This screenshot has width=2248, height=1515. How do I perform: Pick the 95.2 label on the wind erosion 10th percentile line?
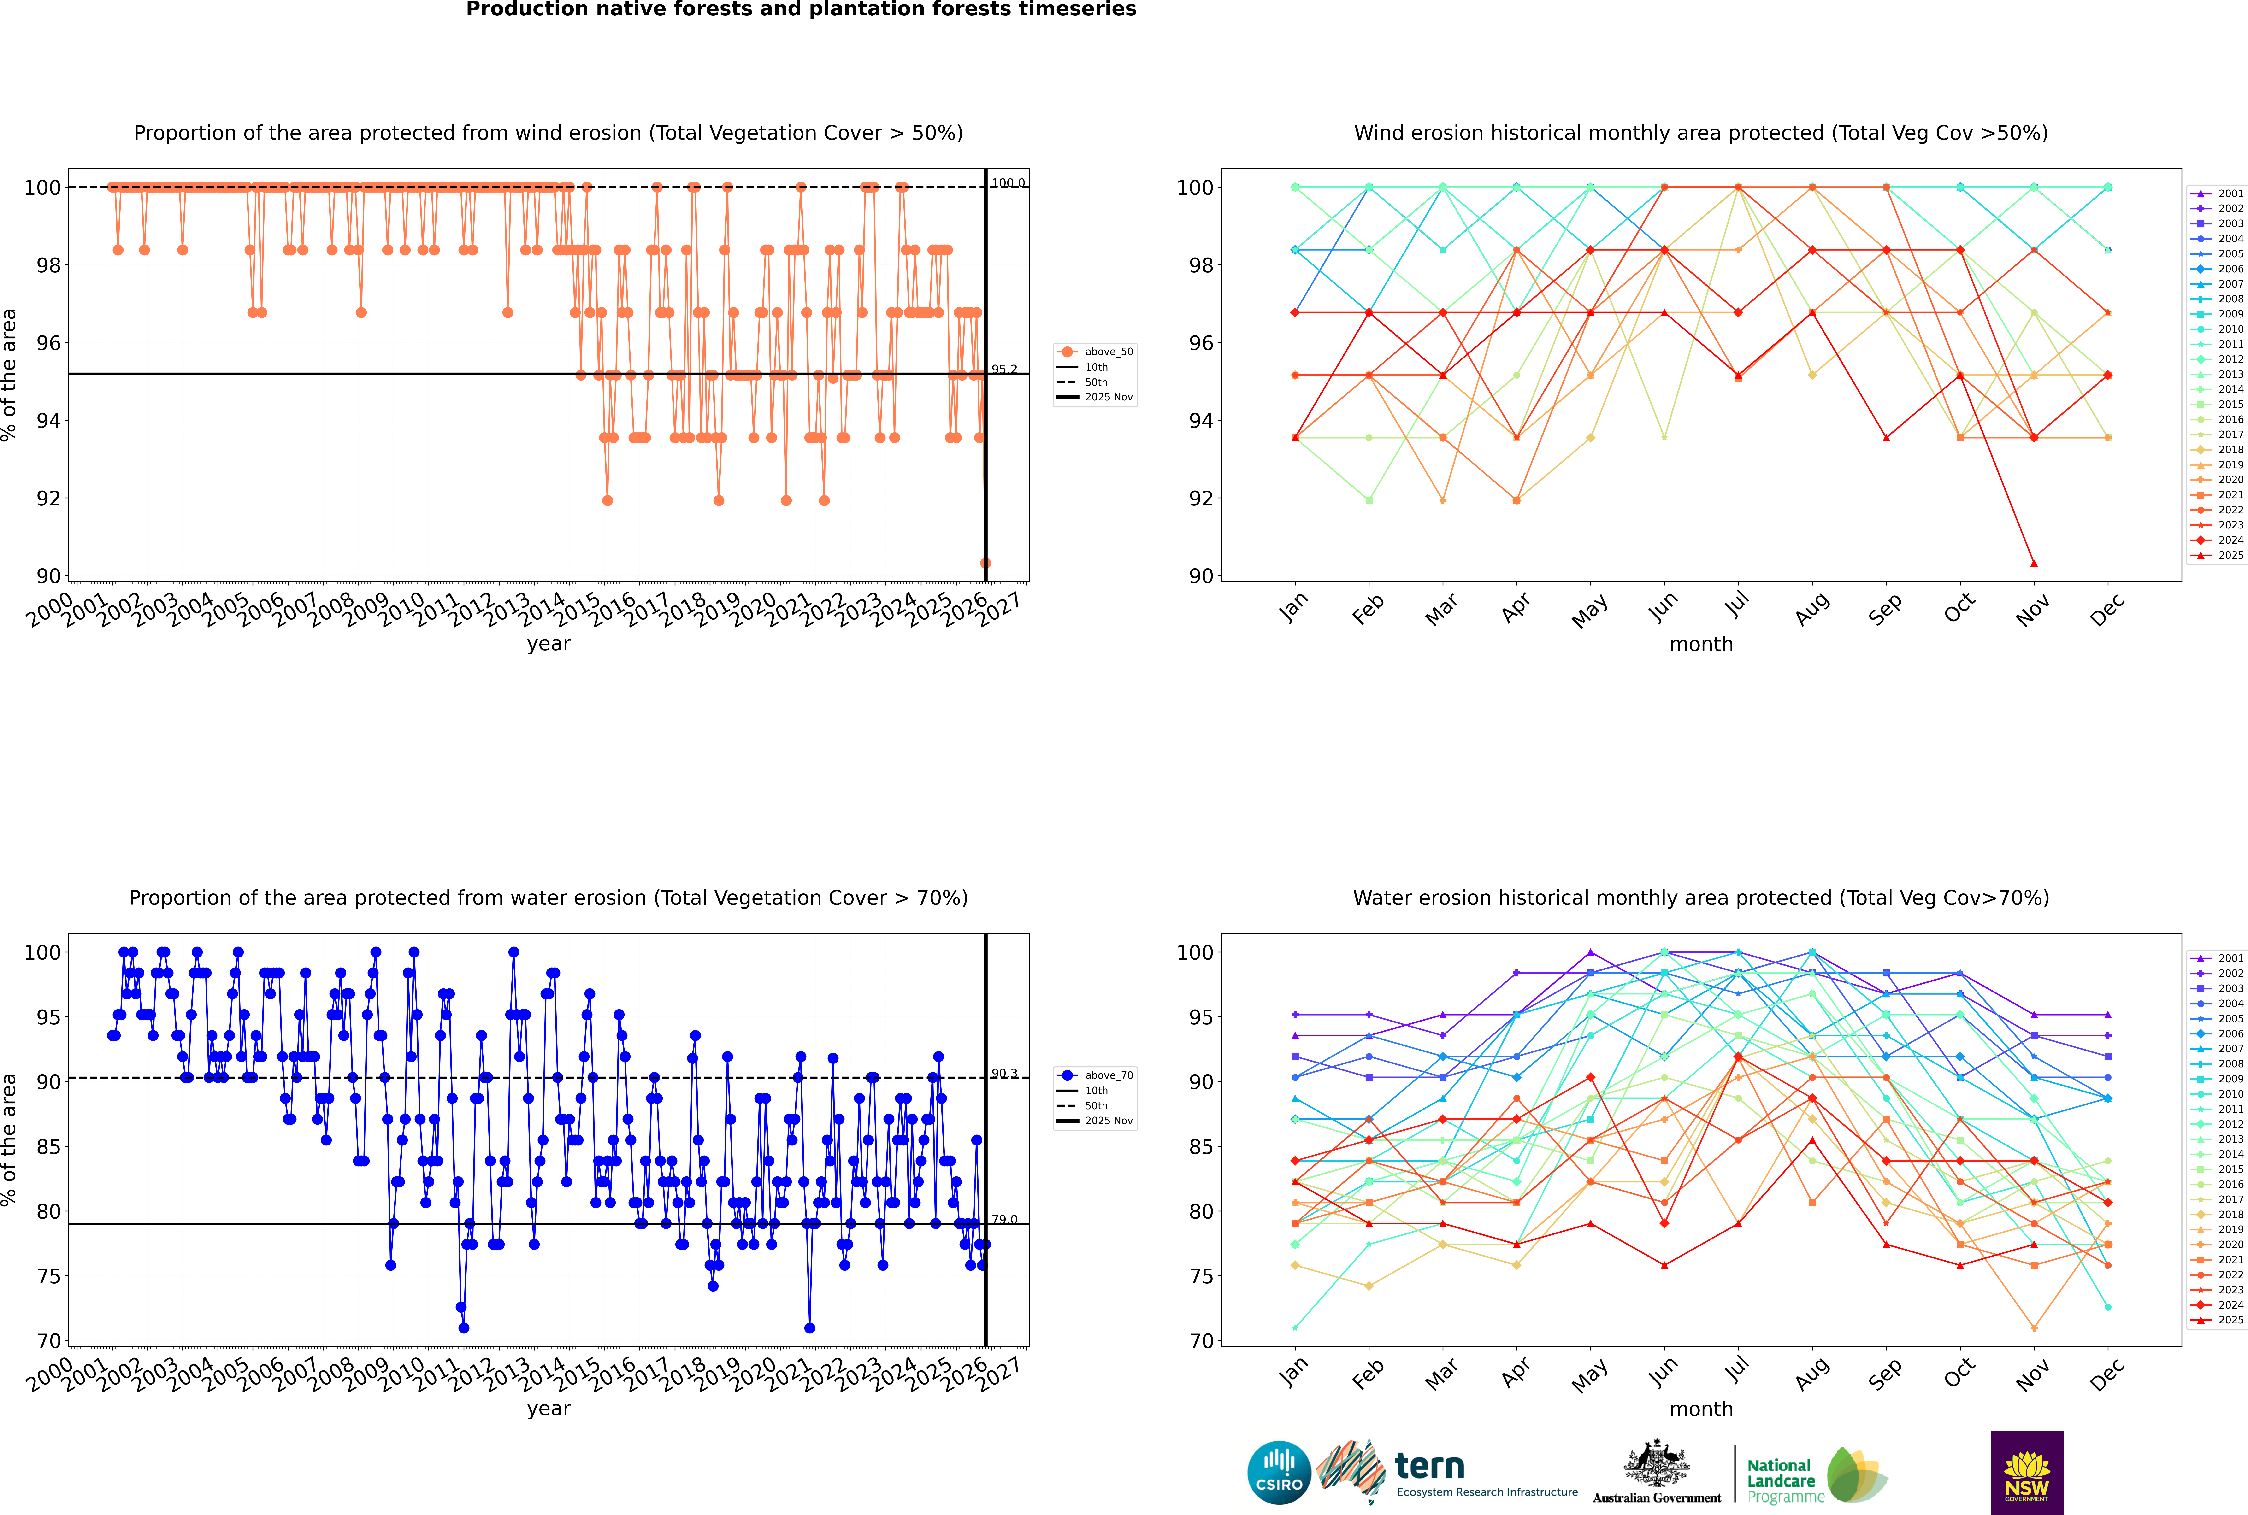pyautogui.click(x=1004, y=369)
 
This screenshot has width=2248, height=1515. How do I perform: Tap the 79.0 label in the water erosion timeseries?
pyautogui.click(x=1004, y=1219)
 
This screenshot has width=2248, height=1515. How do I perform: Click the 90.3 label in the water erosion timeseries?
pyautogui.click(x=1004, y=1074)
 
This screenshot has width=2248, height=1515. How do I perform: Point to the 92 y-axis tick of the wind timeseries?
pyautogui.click(x=48, y=499)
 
